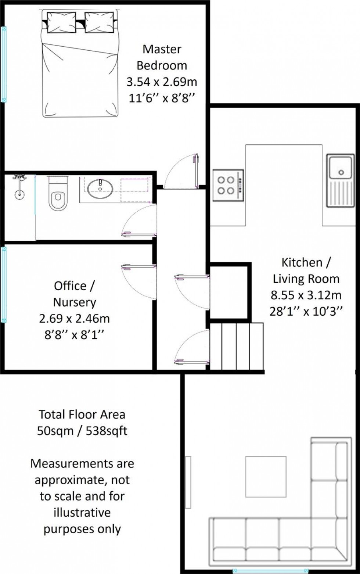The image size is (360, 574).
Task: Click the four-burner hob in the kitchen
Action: click(228, 185)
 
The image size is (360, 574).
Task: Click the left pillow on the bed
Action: click(61, 22)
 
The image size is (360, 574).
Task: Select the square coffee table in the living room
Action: click(266, 476)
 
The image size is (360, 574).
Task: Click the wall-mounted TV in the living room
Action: click(188, 482)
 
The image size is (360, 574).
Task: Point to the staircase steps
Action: click(237, 346)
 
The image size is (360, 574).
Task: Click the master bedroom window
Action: click(4, 64)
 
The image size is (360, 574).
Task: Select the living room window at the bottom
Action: click(270, 570)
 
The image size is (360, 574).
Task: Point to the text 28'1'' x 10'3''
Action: click(306, 311)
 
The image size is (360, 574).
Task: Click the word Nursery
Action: click(75, 302)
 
